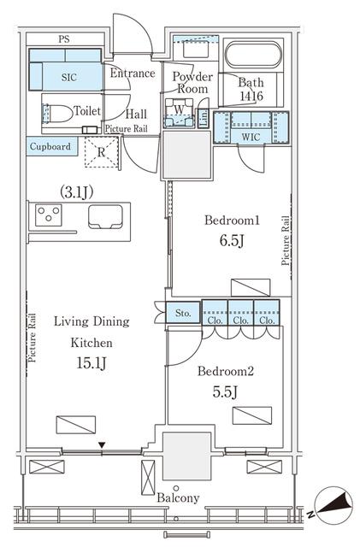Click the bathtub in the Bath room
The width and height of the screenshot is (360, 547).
coord(253,55)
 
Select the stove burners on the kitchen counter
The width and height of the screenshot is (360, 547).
coord(49,215)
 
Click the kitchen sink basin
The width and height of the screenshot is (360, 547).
coord(105,216)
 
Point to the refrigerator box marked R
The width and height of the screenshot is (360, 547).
coord(101,152)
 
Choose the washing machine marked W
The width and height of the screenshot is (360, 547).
coord(179,112)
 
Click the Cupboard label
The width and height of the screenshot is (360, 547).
coord(50,146)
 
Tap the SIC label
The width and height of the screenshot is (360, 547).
coord(68,77)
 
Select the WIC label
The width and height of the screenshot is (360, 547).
coord(251,137)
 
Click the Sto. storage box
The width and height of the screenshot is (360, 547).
coord(183,313)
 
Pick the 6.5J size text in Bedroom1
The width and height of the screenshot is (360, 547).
coord(232,241)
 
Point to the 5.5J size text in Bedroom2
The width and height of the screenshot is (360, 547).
coord(225,392)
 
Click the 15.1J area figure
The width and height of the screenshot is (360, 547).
coord(91,363)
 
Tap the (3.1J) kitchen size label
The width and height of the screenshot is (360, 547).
coord(76,192)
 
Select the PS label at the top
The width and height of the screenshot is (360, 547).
coord(64,39)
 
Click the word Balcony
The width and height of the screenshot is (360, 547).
coord(178,497)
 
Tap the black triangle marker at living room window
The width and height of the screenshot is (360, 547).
coord(102,445)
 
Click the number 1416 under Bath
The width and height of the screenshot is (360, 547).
coord(251,96)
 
